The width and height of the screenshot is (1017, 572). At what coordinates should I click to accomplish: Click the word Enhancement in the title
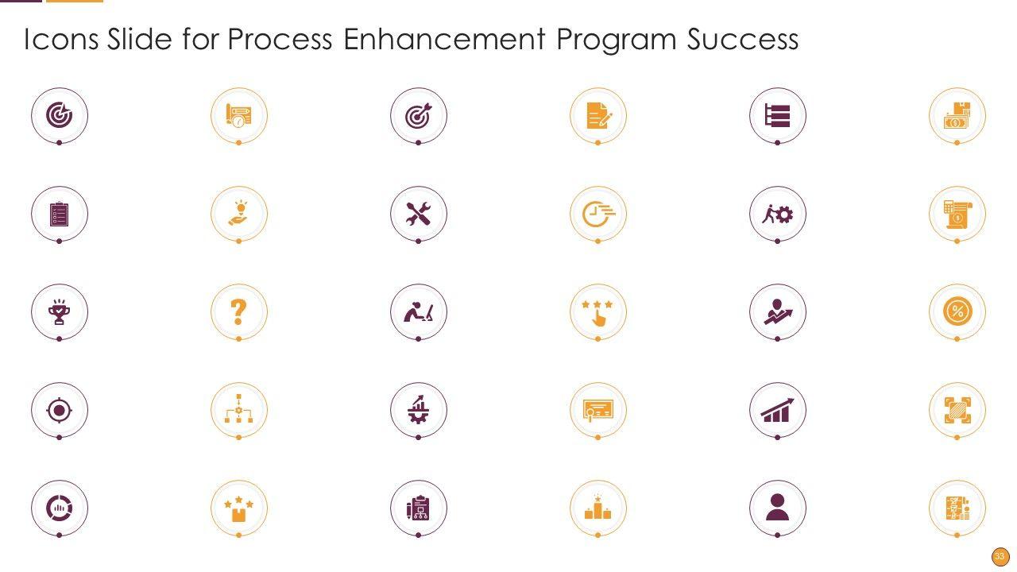[444, 39]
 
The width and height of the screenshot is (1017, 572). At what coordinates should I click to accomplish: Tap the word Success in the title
[742, 39]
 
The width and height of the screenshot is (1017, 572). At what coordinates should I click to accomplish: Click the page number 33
[1000, 557]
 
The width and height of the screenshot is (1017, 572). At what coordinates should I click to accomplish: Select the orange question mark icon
[238, 312]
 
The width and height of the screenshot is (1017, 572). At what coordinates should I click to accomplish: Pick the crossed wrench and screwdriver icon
[418, 214]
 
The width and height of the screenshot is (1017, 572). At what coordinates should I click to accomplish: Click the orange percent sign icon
[957, 312]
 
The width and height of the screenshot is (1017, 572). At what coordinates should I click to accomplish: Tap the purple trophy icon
[59, 312]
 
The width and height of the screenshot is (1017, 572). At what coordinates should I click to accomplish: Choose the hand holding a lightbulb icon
[239, 213]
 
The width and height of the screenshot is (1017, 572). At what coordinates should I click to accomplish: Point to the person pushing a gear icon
[777, 214]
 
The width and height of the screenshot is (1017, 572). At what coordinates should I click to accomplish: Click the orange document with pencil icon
[599, 115]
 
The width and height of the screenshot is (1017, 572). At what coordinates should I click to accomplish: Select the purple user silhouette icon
[777, 507]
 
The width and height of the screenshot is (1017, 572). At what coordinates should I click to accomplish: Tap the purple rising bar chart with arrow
[777, 410]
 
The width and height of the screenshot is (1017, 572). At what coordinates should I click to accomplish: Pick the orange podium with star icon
[597, 507]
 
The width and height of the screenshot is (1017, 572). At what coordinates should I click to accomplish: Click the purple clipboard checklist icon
[59, 214]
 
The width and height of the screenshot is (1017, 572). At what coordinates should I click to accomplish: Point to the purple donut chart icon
[59, 508]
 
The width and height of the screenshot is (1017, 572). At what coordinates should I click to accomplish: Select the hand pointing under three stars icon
[597, 313]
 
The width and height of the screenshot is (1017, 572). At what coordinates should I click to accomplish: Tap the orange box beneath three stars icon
[239, 509]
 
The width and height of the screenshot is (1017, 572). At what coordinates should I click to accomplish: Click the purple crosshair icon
[59, 411]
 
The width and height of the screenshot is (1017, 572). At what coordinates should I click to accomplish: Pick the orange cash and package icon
[957, 115]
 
